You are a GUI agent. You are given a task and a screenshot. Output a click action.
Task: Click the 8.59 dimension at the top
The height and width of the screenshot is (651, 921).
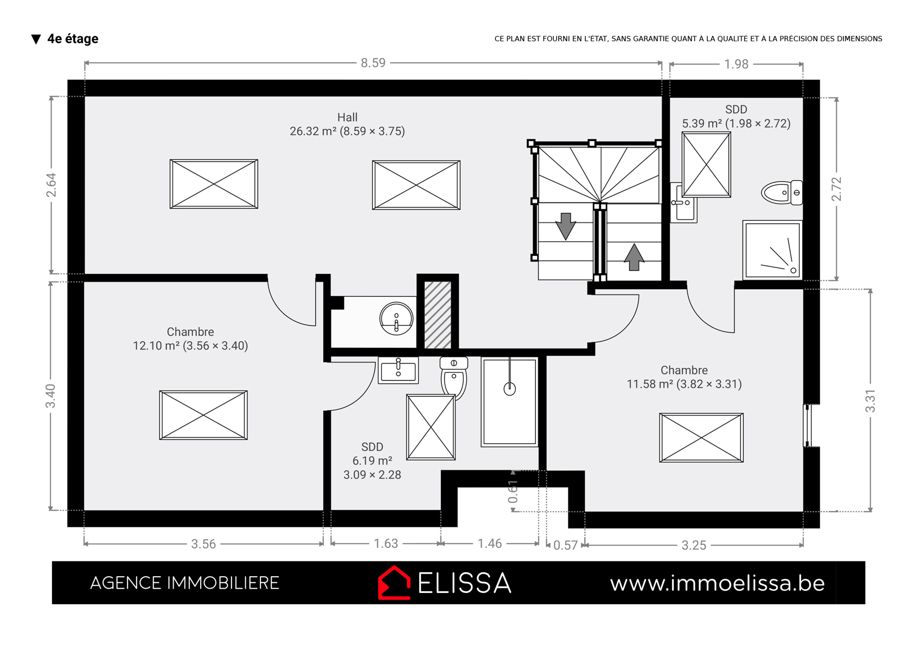click(x=373, y=63)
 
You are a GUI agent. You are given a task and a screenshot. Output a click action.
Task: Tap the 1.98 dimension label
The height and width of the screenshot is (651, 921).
click(x=736, y=64)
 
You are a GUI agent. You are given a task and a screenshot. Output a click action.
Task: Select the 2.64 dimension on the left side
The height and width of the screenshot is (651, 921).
click(x=51, y=185)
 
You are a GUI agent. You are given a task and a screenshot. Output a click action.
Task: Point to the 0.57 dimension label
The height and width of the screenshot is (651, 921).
click(x=565, y=545)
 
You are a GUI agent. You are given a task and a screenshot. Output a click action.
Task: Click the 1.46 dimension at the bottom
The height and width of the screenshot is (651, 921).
click(x=489, y=544)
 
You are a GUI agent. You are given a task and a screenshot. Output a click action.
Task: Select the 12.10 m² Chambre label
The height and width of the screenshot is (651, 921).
click(x=190, y=339)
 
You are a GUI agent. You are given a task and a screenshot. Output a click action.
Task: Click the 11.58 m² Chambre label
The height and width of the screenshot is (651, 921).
click(x=684, y=377)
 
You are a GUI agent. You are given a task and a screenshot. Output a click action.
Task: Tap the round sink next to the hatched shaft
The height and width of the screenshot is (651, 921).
click(x=396, y=318)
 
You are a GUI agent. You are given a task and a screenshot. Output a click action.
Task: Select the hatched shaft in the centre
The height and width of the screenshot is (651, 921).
click(x=438, y=315)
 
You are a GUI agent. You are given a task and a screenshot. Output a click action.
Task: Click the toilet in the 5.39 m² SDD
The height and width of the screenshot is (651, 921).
click(x=782, y=193)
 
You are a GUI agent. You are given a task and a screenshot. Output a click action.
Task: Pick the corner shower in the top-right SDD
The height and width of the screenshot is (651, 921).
click(x=772, y=250)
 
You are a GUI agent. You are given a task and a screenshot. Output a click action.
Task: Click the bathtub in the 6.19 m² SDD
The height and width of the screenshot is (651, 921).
click(x=509, y=402)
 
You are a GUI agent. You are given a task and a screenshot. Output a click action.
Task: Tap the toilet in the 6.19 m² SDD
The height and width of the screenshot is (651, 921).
click(x=454, y=377)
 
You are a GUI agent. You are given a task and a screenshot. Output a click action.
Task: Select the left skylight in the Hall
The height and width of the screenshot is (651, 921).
click(x=214, y=184)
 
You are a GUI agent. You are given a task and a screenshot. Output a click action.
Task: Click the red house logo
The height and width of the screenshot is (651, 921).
click(x=394, y=583)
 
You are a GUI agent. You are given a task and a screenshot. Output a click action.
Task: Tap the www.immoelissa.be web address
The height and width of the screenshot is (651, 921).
click(x=718, y=583)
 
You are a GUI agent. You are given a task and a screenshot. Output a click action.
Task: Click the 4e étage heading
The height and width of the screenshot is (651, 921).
click(x=73, y=39)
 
